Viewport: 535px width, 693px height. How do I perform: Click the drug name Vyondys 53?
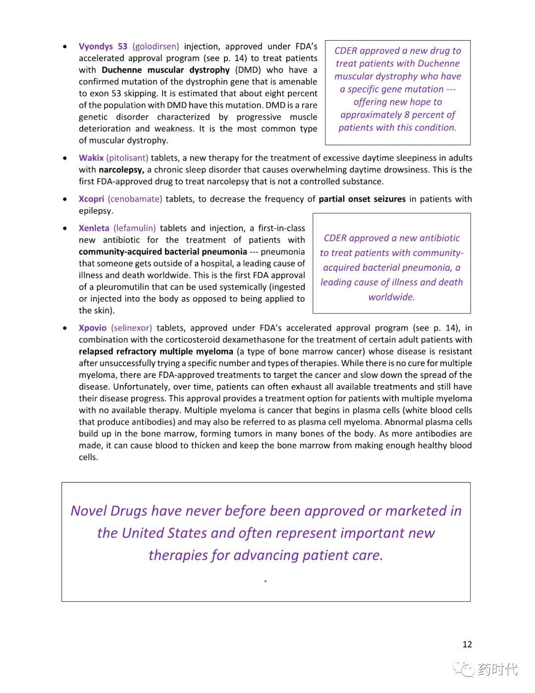click(x=103, y=47)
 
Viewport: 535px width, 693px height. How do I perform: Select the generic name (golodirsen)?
click(x=156, y=47)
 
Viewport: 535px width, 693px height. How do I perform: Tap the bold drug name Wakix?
click(x=91, y=158)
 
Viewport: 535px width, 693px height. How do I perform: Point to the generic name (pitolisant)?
click(x=127, y=158)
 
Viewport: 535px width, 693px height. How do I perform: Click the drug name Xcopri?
click(x=91, y=199)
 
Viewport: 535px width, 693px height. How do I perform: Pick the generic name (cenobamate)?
click(x=135, y=199)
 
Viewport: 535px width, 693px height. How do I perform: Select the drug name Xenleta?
click(x=94, y=228)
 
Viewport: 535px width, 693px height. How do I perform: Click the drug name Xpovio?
click(x=93, y=328)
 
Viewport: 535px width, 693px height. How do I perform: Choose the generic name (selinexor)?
click(x=132, y=328)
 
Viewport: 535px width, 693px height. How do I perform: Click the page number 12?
click(x=467, y=644)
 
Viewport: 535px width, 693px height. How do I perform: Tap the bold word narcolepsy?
click(x=121, y=170)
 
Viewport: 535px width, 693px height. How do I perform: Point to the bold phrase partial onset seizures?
click(x=362, y=199)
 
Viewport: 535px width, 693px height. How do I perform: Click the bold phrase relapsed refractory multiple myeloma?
click(x=156, y=352)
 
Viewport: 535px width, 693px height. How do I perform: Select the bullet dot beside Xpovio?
click(x=65, y=328)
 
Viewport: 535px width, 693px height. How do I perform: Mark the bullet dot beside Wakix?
click(x=65, y=158)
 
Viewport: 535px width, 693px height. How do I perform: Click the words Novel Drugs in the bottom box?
click(x=108, y=511)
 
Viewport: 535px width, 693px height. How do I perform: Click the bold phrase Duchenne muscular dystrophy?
click(x=165, y=70)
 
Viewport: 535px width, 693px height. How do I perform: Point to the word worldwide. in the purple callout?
click(x=391, y=297)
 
